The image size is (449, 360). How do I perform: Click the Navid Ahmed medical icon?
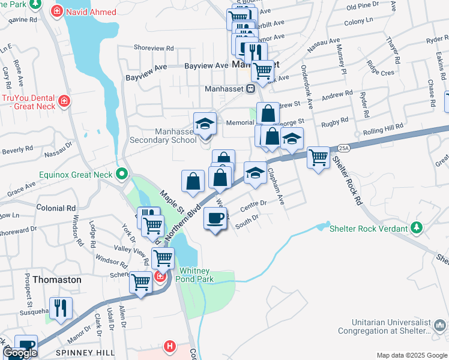click(x=57, y=10)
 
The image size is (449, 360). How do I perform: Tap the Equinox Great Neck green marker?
click(x=122, y=175)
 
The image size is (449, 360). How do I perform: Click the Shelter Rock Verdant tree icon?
click(x=416, y=227)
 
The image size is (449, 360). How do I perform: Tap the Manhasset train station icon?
click(x=252, y=88)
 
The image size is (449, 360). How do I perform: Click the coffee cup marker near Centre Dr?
click(x=215, y=219)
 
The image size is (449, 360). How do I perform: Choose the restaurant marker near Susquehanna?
click(x=61, y=308)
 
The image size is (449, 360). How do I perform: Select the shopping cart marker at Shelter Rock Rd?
click(x=318, y=158)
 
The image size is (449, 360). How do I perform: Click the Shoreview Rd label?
click(x=154, y=48)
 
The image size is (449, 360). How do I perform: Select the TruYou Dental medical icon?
click(x=64, y=103)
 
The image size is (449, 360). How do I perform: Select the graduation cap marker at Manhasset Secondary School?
click(x=205, y=124)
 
